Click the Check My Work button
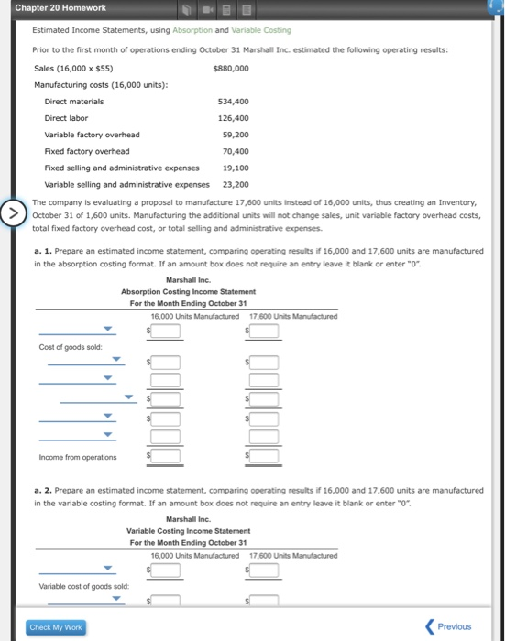tap(56, 627)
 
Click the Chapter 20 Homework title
tap(60, 8)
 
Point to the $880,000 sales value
tap(230, 69)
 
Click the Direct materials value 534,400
tap(233, 102)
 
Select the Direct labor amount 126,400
tap(233, 118)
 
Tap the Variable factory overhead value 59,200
tap(236, 135)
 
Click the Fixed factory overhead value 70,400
tap(236, 151)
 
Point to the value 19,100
tap(236, 168)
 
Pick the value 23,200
tap(236, 184)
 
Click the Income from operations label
tap(78, 457)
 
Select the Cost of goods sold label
tap(64, 348)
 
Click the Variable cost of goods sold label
tap(84, 586)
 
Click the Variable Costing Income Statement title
tap(188, 531)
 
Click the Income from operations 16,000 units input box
tap(165, 456)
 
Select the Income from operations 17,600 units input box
tap(263, 456)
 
